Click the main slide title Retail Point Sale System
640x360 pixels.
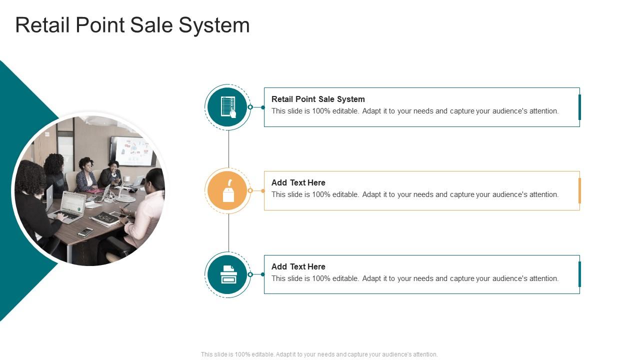[x=132, y=25]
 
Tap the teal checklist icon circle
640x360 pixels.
[x=228, y=107]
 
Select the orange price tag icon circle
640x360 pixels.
[x=228, y=191]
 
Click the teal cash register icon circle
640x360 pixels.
[x=228, y=274]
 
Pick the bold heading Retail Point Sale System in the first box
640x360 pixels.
[x=318, y=99]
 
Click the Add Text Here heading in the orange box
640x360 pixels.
[x=298, y=182]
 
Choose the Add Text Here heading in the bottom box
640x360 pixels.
[x=298, y=266]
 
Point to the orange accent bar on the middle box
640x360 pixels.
[x=579, y=190]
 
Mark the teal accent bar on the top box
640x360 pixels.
[x=579, y=107]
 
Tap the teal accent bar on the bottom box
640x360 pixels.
[x=579, y=274]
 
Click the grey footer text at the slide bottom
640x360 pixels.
[x=319, y=354]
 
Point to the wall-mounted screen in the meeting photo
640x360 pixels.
[x=133, y=150]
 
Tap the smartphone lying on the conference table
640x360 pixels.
[x=85, y=232]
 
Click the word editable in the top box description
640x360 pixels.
[x=345, y=111]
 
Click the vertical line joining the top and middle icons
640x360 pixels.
[x=228, y=149]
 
